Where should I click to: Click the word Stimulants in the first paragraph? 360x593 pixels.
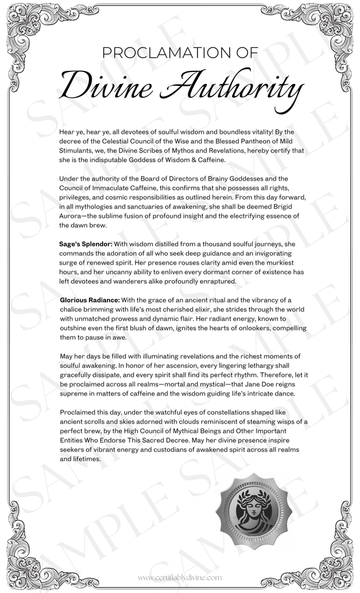pyautogui.click(x=80, y=150)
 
